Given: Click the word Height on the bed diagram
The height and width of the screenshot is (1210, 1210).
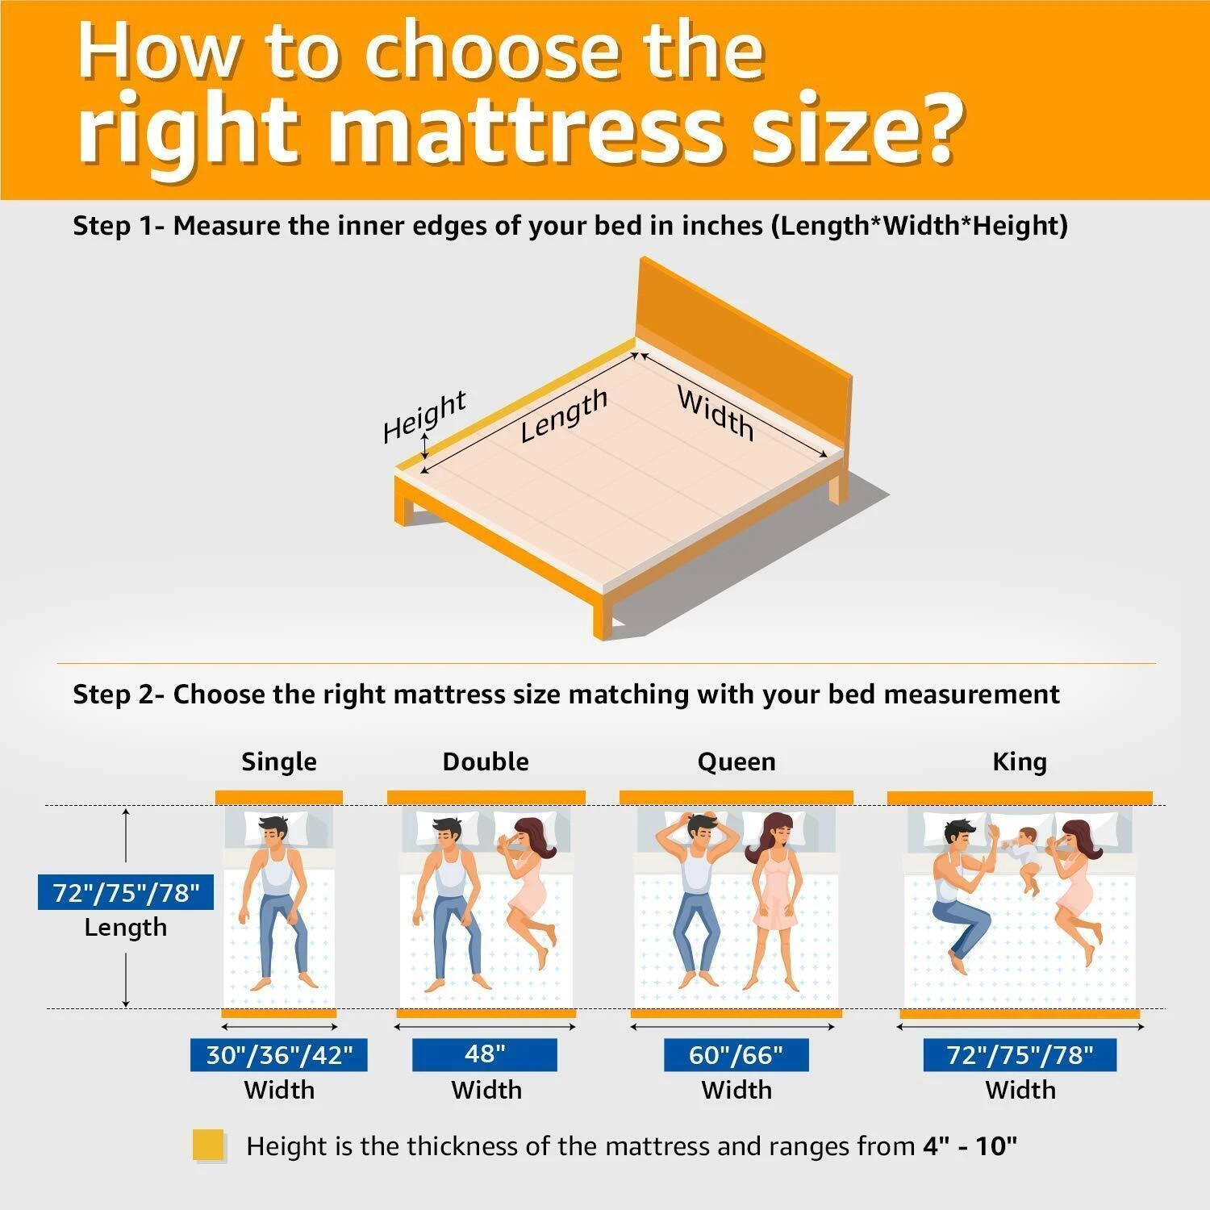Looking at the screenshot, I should click(x=424, y=416).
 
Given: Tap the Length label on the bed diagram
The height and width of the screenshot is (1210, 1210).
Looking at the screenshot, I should click(x=563, y=415).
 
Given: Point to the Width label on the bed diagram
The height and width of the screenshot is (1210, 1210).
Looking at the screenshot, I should click(x=716, y=413).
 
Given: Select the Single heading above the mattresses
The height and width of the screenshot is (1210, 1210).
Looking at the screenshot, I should click(x=279, y=761).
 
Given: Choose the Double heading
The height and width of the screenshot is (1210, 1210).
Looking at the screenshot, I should click(x=486, y=761).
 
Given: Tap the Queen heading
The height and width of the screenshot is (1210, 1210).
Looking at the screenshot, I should click(x=736, y=761).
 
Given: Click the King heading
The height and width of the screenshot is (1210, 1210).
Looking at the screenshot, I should click(x=1020, y=761).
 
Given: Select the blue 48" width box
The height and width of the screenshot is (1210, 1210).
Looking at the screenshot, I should click(x=485, y=1054).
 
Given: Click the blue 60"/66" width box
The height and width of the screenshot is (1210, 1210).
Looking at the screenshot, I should click(x=736, y=1054).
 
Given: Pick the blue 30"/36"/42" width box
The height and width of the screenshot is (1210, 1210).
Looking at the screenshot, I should click(x=279, y=1054).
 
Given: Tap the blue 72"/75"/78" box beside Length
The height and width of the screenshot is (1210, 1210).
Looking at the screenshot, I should click(x=126, y=892).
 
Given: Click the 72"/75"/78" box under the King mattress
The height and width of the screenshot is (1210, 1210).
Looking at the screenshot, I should click(x=1020, y=1054).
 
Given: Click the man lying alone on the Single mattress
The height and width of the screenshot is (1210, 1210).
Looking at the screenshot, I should click(x=278, y=895).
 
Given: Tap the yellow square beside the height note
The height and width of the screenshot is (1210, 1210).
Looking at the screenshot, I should click(x=208, y=1145).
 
